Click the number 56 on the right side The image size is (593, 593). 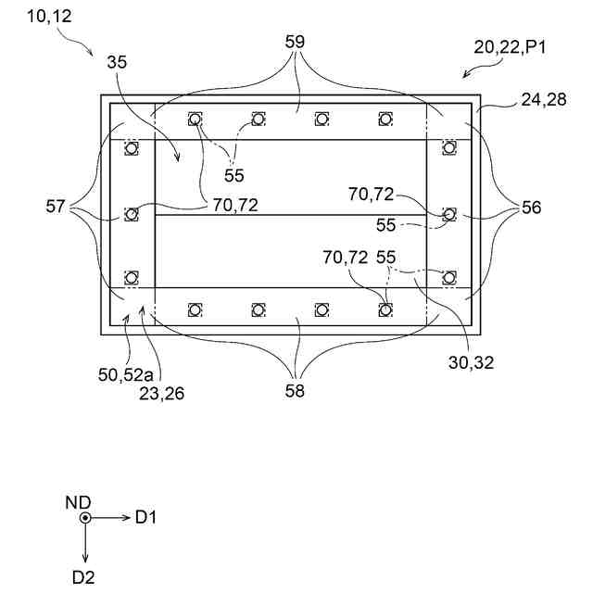point(531,208)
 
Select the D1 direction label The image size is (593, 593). point(146,518)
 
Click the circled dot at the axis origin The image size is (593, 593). point(85,518)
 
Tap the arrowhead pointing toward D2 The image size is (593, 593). point(85,558)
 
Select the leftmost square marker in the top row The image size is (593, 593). point(195,119)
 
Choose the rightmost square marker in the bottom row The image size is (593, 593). point(385,309)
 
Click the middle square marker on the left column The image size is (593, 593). point(132,214)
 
